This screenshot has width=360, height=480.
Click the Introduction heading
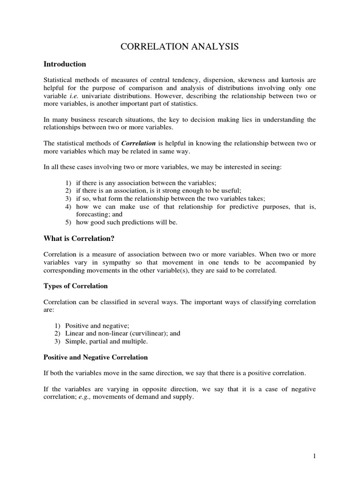tap(65, 64)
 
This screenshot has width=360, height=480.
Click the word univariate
tap(95, 96)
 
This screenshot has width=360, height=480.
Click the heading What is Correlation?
tap(79, 238)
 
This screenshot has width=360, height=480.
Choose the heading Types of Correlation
tap(75, 285)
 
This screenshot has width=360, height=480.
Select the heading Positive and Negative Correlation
tap(96, 357)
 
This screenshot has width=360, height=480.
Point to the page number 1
tap(314, 455)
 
